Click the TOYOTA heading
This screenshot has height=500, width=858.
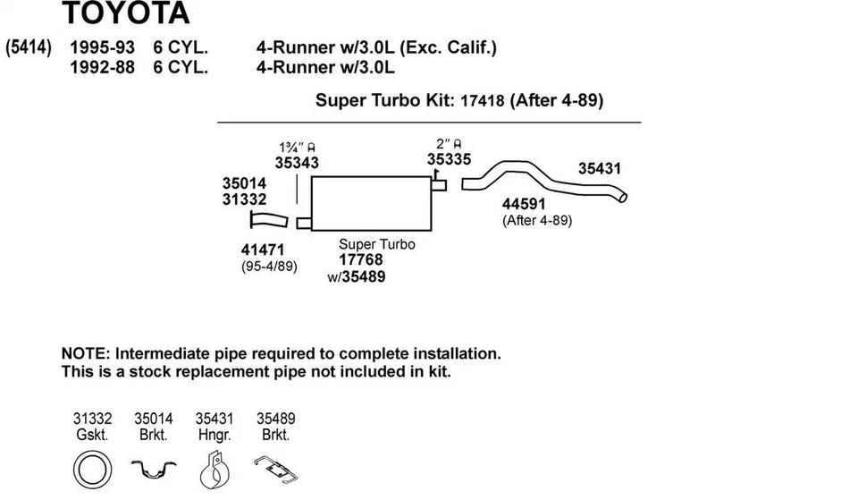(x=126, y=13)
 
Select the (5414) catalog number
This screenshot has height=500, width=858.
(x=29, y=47)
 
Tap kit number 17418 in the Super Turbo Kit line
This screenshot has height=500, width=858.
(x=482, y=101)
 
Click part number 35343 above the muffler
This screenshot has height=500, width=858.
(x=297, y=163)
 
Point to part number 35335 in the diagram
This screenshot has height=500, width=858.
(x=449, y=159)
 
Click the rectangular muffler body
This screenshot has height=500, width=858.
(x=371, y=204)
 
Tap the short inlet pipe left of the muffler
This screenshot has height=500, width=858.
(x=269, y=220)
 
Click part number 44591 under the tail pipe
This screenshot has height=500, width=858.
(x=524, y=204)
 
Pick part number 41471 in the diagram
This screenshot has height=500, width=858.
(x=263, y=250)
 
